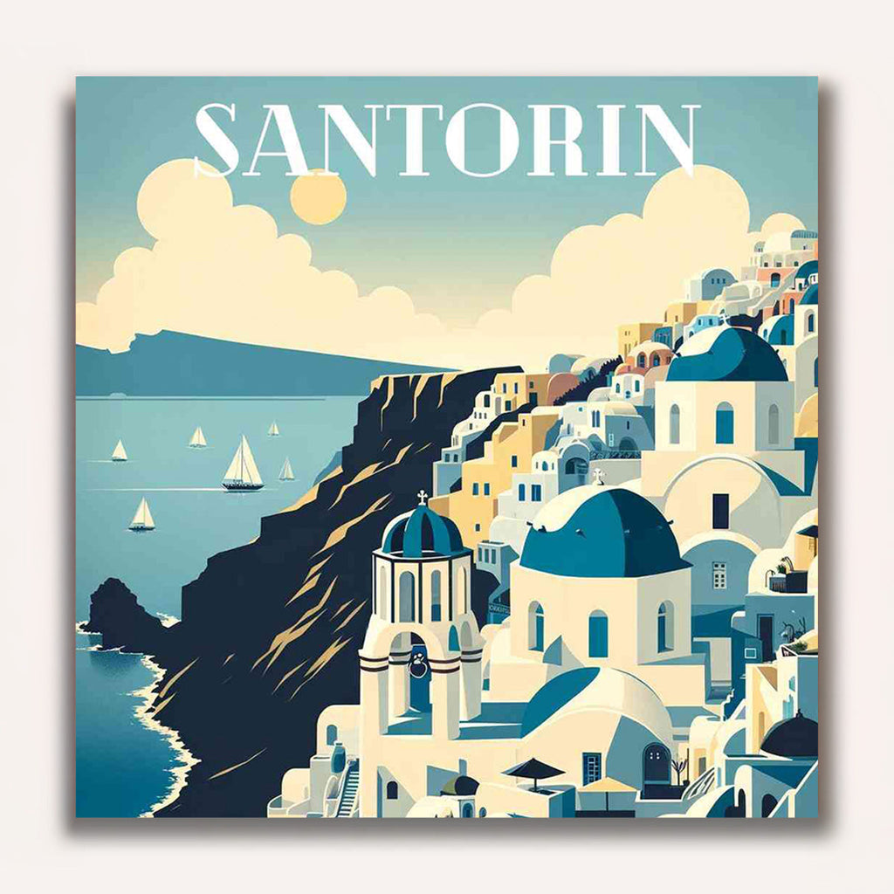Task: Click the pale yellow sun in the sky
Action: pyautogui.click(x=318, y=197)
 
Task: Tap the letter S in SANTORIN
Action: pyautogui.click(x=217, y=140)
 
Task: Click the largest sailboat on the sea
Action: pyautogui.click(x=243, y=465)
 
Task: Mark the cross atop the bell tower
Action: pyautogui.click(x=423, y=498)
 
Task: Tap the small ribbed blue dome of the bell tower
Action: pyautogui.click(x=423, y=530)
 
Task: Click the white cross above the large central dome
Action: pyautogui.click(x=598, y=477)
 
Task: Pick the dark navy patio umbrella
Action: pyautogui.click(x=534, y=768)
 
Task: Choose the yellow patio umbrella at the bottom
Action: pyautogui.click(x=609, y=787)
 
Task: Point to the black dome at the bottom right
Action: pyautogui.click(x=789, y=736)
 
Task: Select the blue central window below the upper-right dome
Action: pyautogui.click(x=725, y=423)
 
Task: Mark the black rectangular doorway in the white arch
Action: pyautogui.click(x=720, y=511)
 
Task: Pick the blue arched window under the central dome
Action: pyautogui.click(x=598, y=632)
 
